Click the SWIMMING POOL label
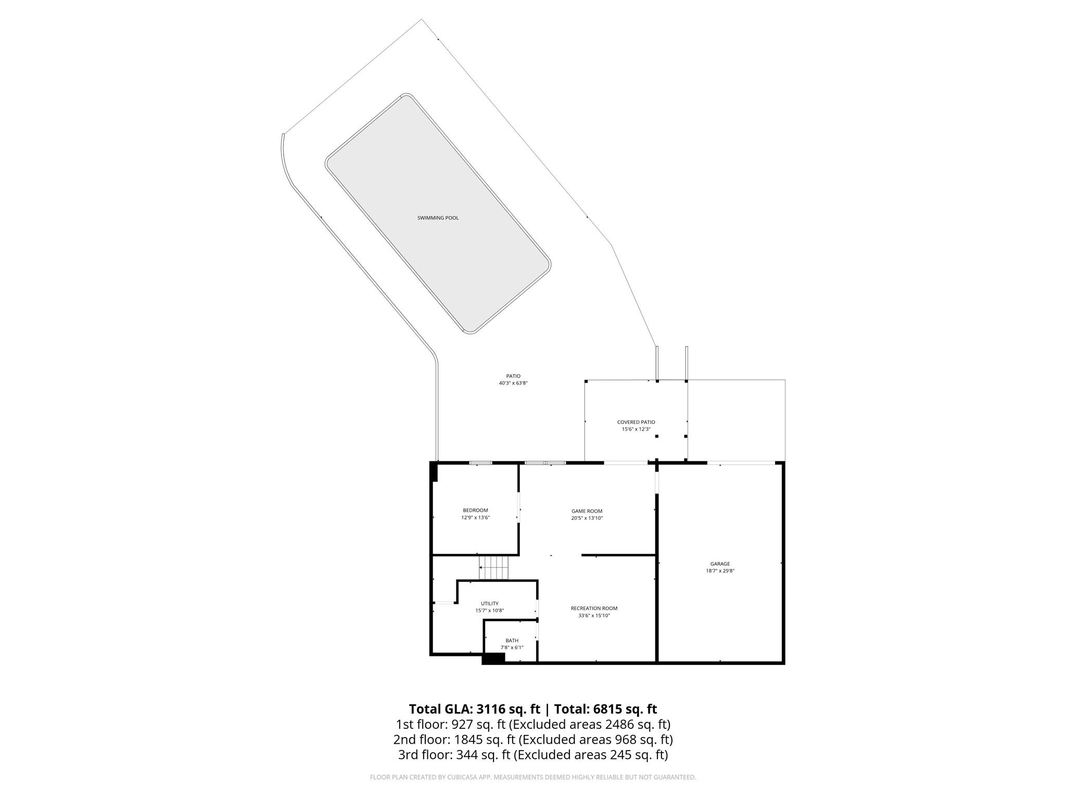click(x=438, y=218)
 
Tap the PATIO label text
click(x=513, y=376)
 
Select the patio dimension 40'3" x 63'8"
click(x=513, y=383)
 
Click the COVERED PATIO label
click(x=636, y=422)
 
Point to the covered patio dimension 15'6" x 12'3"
click(x=636, y=429)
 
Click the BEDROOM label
click(x=475, y=510)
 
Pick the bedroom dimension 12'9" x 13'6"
click(x=475, y=518)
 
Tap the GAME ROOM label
click(x=587, y=511)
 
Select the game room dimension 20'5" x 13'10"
click(x=587, y=518)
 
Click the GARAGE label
click(x=720, y=563)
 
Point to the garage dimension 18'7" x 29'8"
click(x=720, y=571)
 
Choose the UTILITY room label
click(x=489, y=603)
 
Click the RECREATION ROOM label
click(x=594, y=608)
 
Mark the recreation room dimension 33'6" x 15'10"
click(x=594, y=615)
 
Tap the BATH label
click(x=512, y=640)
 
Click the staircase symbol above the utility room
click(x=493, y=567)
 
